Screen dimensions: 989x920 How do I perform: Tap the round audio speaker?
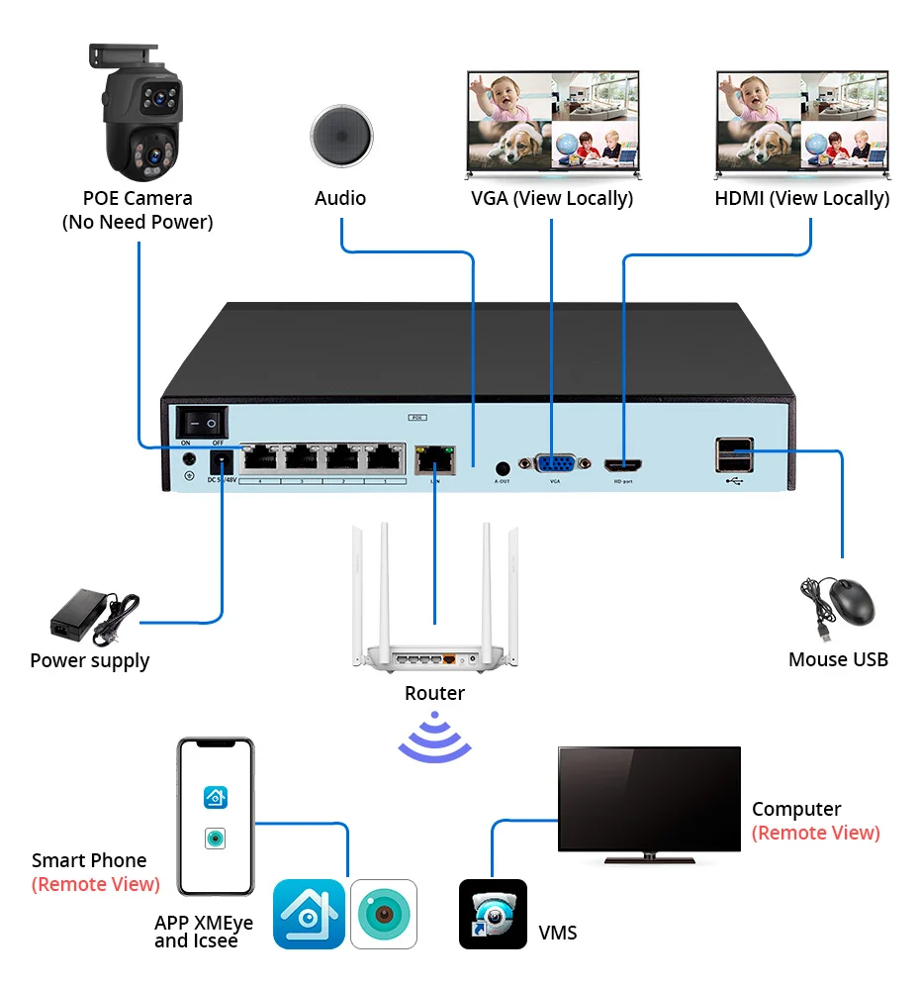(x=341, y=136)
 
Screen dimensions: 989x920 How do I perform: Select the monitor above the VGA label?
(x=552, y=122)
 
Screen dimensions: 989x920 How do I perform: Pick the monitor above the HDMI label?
(x=800, y=122)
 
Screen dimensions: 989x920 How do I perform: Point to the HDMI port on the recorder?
(x=625, y=464)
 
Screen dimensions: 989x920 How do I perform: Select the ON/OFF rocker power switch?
(x=200, y=422)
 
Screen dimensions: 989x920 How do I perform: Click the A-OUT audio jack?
(x=502, y=465)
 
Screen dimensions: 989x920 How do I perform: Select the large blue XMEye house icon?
(x=309, y=913)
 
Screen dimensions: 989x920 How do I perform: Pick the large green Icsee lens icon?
(x=383, y=913)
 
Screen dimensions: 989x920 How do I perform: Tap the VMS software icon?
(x=493, y=913)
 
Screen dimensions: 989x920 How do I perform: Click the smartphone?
(x=216, y=816)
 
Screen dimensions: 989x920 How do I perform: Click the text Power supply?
(x=90, y=661)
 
